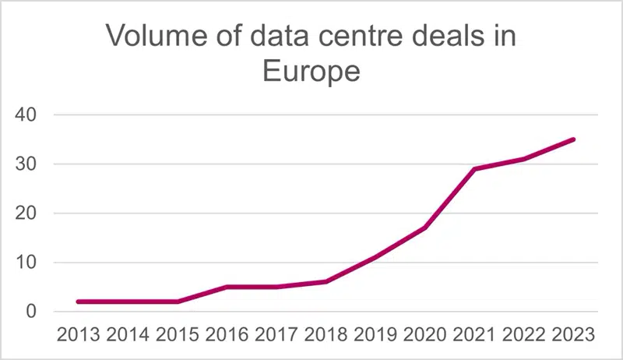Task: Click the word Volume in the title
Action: click(x=157, y=35)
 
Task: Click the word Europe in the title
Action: click(x=311, y=72)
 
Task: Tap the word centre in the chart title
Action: click(x=359, y=36)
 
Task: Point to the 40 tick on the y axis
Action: click(x=26, y=115)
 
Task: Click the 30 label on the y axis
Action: click(x=26, y=164)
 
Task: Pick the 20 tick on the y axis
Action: click(x=26, y=214)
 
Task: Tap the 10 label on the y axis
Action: click(x=26, y=263)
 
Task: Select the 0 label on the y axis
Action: click(x=31, y=312)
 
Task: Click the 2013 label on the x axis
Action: click(x=79, y=334)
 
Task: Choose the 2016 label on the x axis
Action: click(x=227, y=334)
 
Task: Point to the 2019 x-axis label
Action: click(x=375, y=334)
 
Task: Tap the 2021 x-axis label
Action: click(x=474, y=334)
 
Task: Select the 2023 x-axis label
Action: click(x=573, y=334)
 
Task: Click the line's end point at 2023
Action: click(x=573, y=139)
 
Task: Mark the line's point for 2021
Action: click(x=474, y=169)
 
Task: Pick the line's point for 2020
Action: click(x=425, y=228)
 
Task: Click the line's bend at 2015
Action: click(x=178, y=302)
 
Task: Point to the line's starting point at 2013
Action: click(x=79, y=302)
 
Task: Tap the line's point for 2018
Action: click(x=326, y=282)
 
